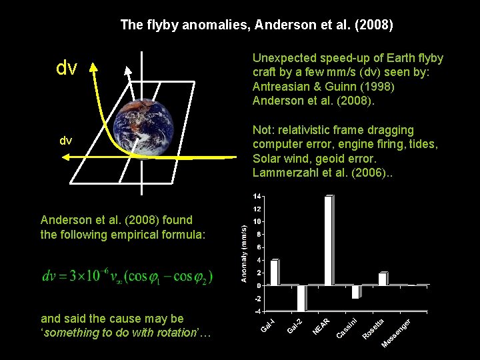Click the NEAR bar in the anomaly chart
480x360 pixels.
327,241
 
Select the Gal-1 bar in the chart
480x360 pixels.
274,272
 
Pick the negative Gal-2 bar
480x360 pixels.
301,298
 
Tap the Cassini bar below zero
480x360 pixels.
356,291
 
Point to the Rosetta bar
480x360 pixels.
383,279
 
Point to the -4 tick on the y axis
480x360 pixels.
257,311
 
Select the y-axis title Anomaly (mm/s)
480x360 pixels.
244,253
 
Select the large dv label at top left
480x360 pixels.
67,68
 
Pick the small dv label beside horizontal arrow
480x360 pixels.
66,141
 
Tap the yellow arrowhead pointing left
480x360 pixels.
67,156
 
